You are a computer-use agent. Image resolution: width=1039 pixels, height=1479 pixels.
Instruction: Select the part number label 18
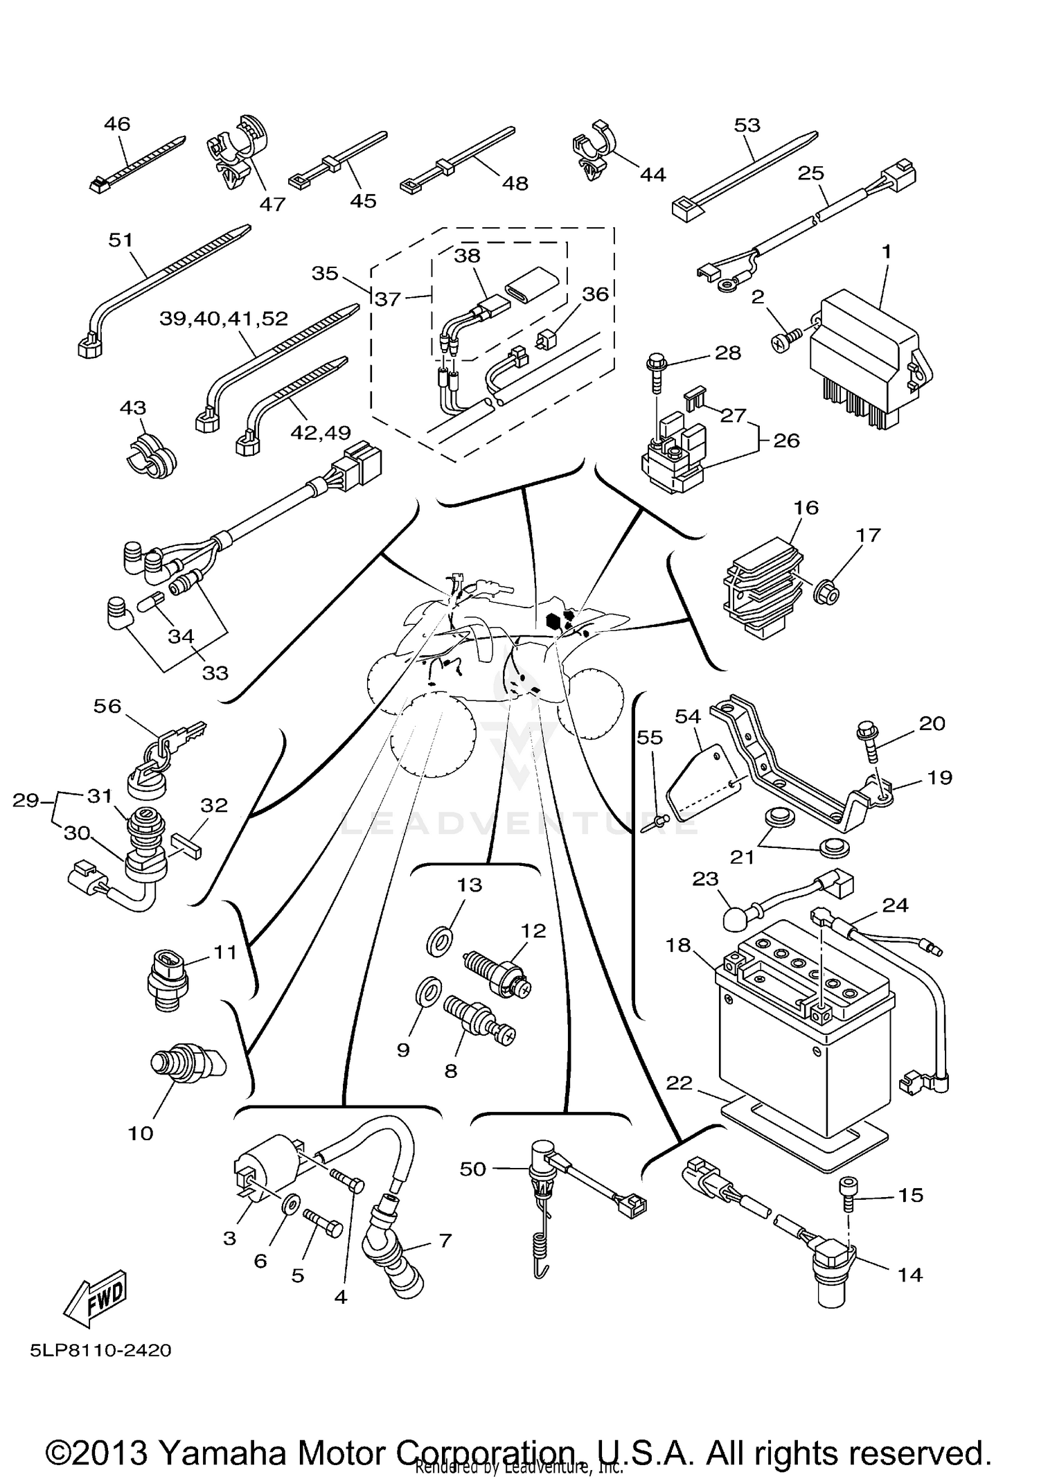click(679, 945)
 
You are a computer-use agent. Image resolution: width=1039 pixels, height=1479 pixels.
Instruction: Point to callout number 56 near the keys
click(107, 706)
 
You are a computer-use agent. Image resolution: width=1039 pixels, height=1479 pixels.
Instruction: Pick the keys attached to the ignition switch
click(181, 737)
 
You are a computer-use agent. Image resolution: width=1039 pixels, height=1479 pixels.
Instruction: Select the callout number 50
click(473, 1169)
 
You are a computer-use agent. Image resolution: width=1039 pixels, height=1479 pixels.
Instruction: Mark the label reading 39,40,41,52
click(224, 319)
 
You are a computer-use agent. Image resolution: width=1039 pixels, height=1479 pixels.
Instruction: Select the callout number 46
click(117, 124)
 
